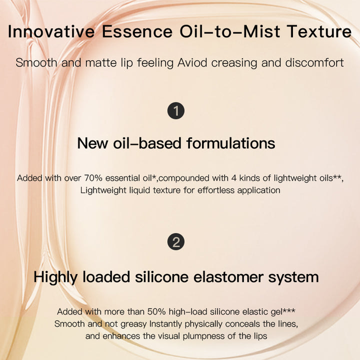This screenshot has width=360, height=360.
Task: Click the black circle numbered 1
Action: point(176,110)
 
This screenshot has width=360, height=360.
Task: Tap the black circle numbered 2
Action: point(176,242)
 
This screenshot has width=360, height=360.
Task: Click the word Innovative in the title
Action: point(51,31)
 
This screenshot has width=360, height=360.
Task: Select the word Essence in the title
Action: point(137,31)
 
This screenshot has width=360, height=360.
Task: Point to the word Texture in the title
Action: point(319,31)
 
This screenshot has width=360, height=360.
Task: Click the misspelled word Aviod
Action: point(192,62)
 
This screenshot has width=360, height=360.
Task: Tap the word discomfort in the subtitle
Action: point(314,62)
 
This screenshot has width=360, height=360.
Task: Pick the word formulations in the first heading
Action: point(230,143)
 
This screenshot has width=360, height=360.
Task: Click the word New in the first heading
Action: point(92,143)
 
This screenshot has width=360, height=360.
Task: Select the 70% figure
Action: point(93,178)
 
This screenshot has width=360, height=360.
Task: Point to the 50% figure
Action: point(156,312)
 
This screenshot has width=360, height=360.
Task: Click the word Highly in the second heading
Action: point(55,277)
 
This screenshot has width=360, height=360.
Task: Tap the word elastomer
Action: point(228,277)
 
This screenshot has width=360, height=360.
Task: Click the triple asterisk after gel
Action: point(289,310)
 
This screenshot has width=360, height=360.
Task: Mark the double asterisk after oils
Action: point(337,176)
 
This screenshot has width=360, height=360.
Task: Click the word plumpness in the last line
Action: point(203,336)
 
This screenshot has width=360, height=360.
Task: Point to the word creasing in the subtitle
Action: point(234,63)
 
